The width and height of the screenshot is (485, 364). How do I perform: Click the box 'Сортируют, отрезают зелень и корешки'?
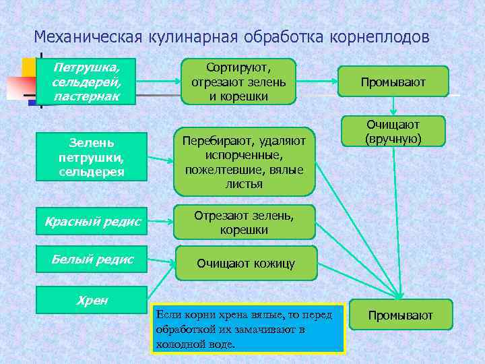[238, 82]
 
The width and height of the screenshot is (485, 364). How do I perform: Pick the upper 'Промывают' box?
[393, 82]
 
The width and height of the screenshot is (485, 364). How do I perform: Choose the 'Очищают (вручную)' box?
[393, 131]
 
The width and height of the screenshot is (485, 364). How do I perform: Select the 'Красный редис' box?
[92, 221]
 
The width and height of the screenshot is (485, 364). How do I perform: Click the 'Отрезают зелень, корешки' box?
[244, 222]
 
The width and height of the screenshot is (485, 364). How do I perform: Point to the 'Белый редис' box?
[92, 260]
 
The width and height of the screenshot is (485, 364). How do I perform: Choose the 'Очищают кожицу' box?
[245, 263]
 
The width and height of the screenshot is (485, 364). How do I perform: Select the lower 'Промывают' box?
[400, 315]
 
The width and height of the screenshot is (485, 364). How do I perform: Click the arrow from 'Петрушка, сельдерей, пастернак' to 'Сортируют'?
[159, 82]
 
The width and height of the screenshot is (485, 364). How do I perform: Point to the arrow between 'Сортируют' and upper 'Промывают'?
[317, 82]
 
